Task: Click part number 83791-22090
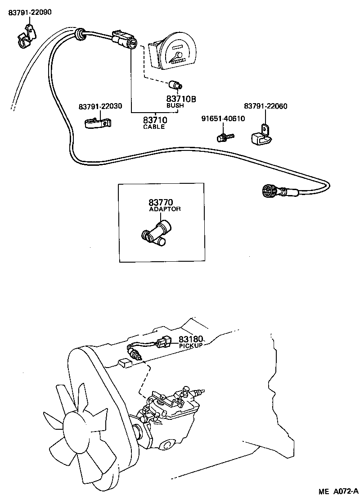pos(30,13)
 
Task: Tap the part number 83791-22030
pos(100,106)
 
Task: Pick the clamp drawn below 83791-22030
pos(98,123)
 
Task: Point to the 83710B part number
pos(181,99)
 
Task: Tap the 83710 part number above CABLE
pos(155,120)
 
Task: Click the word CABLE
pos(154,127)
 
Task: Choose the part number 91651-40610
pos(223,119)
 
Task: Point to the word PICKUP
pos(191,345)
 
